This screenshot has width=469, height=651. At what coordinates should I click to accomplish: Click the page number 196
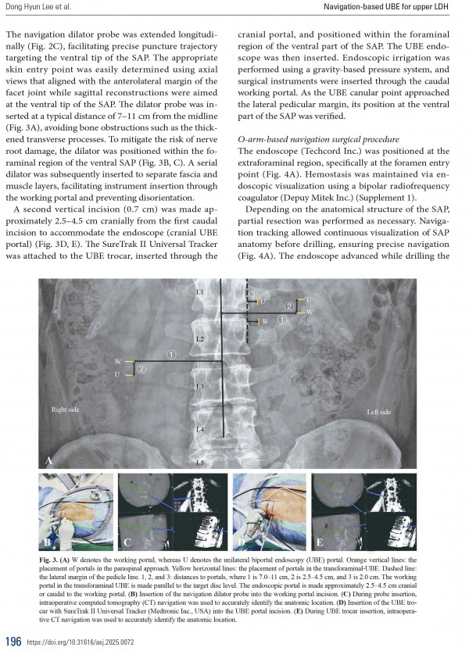pyautogui.click(x=12, y=641)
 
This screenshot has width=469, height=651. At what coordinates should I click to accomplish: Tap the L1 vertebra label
pyautogui.click(x=200, y=292)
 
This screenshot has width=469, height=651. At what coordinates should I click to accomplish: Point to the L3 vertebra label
pyautogui.click(x=200, y=387)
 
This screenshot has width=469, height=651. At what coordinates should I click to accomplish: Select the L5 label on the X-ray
pyautogui.click(x=200, y=463)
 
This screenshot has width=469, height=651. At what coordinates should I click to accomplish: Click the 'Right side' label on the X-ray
pyautogui.click(x=66, y=408)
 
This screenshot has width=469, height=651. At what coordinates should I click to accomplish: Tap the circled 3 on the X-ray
pyautogui.click(x=252, y=294)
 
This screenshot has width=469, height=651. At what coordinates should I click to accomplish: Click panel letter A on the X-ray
pyautogui.click(x=51, y=461)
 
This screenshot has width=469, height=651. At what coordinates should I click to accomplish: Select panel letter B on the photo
pyautogui.click(x=48, y=541)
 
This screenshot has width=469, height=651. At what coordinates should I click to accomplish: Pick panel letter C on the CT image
pyautogui.click(x=127, y=541)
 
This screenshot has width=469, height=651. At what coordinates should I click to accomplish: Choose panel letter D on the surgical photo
pyautogui.click(x=242, y=541)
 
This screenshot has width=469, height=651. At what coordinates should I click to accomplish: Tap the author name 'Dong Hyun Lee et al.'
pyautogui.click(x=39, y=9)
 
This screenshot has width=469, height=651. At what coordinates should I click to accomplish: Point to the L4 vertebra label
pyautogui.click(x=200, y=430)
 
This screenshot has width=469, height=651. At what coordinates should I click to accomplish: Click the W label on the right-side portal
pyautogui.click(x=117, y=362)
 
